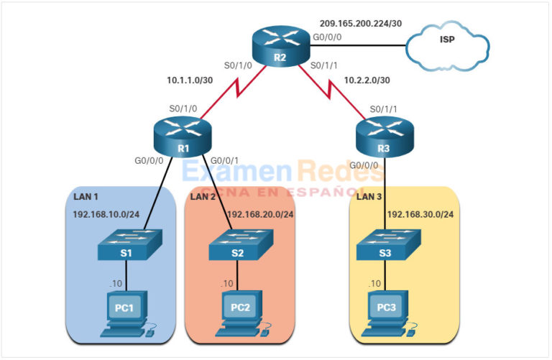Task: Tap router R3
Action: pyautogui.click(x=384, y=137)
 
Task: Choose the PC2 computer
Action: pyautogui.click(x=240, y=310)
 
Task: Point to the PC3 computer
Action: pyautogui.click(x=385, y=310)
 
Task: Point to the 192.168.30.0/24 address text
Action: pyautogui.click(x=422, y=214)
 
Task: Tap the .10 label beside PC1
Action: pyautogui.click(x=115, y=284)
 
